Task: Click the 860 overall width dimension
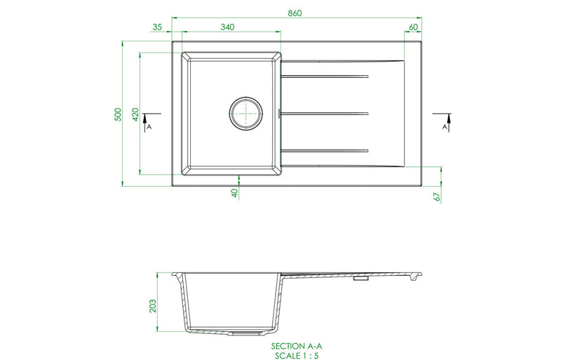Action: click(295, 13)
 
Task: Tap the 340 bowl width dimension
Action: click(227, 27)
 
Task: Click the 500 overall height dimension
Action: click(119, 114)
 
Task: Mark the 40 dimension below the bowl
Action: click(235, 191)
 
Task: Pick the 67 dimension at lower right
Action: click(436, 196)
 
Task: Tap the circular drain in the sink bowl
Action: click(246, 112)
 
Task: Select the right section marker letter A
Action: click(445, 128)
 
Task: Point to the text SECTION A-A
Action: click(295, 347)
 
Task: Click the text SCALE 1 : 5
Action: click(295, 355)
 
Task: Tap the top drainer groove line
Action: click(324, 76)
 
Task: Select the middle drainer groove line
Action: click(324, 112)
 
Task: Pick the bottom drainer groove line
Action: click(324, 149)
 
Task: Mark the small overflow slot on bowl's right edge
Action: click(280, 112)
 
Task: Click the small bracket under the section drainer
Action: click(360, 279)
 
